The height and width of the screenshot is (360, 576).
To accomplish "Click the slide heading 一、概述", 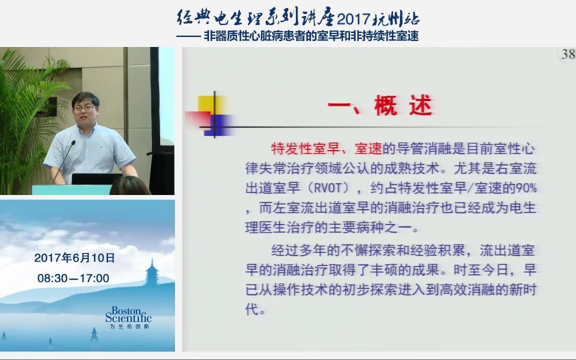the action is coord(380,106).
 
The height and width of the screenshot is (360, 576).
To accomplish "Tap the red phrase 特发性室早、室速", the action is coord(326,149).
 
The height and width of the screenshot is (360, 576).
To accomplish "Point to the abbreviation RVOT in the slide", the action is coord(328,188).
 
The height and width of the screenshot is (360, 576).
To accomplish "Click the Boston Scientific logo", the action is coord(128,315).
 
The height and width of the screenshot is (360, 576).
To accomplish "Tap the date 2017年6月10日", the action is coord(75,258).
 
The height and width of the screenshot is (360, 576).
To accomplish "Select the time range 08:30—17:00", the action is coord(73,278).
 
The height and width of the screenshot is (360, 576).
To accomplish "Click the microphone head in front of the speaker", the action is coord(73,143).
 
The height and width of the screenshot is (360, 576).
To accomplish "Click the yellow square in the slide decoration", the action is coord(210,105).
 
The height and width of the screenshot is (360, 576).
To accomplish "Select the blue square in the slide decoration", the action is coord(219,125).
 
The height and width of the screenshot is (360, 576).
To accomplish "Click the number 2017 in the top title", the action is coord(354,19).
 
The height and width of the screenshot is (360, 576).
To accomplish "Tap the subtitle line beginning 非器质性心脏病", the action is coord(311,36).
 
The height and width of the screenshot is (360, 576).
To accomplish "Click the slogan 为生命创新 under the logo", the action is coord(129,326).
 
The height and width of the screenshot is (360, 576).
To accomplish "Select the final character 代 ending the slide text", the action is coord(252,309).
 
